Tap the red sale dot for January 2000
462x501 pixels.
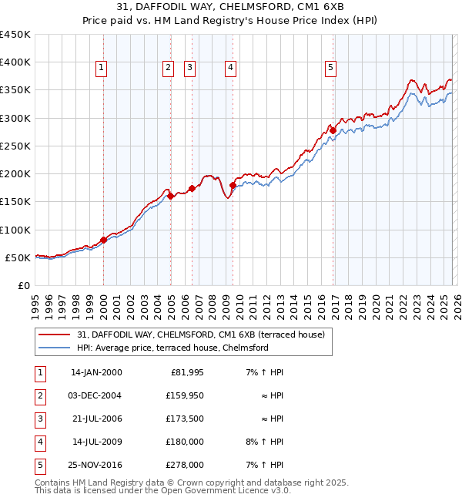click(x=103, y=240)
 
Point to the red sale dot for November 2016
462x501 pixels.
click(x=333, y=130)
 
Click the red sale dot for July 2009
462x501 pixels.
click(x=233, y=185)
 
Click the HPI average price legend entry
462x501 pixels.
click(x=172, y=348)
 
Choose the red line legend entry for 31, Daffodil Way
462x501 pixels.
click(x=200, y=335)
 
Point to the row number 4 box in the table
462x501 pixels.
click(x=38, y=442)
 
